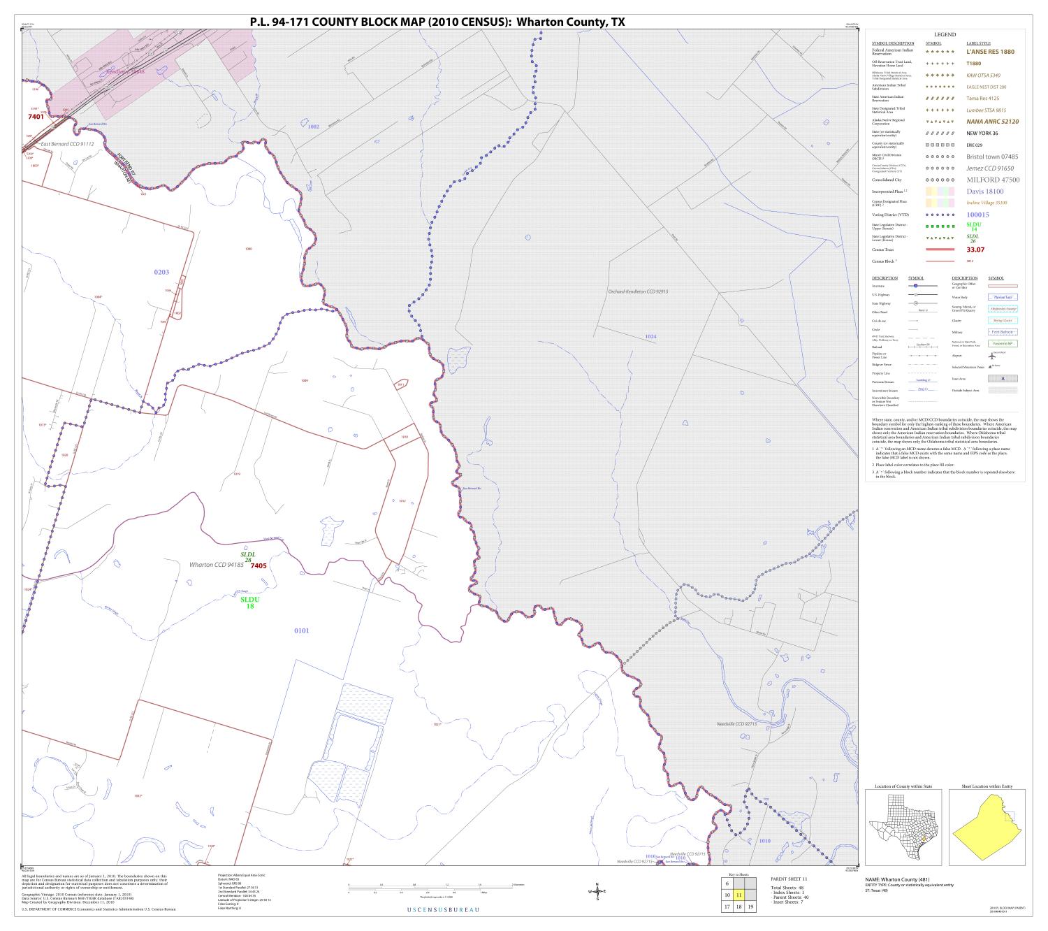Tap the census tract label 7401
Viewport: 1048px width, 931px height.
[36, 117]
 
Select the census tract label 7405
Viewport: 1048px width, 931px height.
[258, 565]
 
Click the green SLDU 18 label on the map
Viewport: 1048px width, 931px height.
[249, 602]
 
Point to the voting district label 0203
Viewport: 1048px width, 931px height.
[161, 271]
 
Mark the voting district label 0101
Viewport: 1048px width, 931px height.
[301, 630]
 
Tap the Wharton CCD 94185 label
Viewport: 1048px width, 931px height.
[216, 564]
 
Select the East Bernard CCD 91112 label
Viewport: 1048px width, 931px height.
[67, 144]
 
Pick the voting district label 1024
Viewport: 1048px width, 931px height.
[650, 337]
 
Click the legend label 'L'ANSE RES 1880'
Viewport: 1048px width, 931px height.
[990, 52]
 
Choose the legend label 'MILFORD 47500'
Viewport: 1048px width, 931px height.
[993, 180]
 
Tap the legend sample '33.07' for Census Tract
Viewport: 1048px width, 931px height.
[975, 250]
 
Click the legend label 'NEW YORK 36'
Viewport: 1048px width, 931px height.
[982, 133]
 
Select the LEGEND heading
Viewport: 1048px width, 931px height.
[945, 34]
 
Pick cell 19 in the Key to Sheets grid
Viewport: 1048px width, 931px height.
[750, 907]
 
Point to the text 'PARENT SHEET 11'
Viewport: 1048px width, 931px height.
[789, 879]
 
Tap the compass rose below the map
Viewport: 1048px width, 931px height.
[597, 891]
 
